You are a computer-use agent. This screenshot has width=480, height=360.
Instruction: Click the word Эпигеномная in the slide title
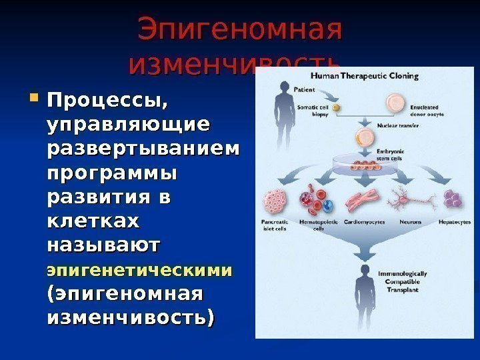pos(239,30)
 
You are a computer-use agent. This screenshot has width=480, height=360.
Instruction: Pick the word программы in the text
pos(113,175)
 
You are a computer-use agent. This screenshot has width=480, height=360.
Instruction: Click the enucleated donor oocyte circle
pos(395,103)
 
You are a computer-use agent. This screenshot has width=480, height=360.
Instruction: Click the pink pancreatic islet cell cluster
pos(275,201)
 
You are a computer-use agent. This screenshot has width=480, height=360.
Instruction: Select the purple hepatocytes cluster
pos(454,198)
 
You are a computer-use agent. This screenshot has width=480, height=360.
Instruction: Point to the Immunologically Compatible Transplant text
pos(403,282)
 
